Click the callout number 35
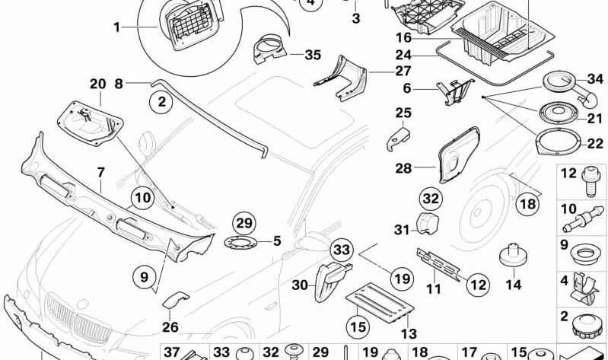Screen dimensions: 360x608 pyautogui.click(x=291, y=55)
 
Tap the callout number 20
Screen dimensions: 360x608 pyautogui.click(x=97, y=84)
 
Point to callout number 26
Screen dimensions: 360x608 pyautogui.click(x=170, y=328)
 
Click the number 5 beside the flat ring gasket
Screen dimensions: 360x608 pyautogui.click(x=277, y=241)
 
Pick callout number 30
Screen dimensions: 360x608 pyautogui.click(x=299, y=286)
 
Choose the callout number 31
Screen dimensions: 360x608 pyautogui.click(x=401, y=229)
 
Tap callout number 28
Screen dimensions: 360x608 pyautogui.click(x=403, y=167)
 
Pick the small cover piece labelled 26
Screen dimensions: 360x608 pyautogui.click(x=175, y=298)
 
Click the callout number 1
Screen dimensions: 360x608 pyautogui.click(x=116, y=28)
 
